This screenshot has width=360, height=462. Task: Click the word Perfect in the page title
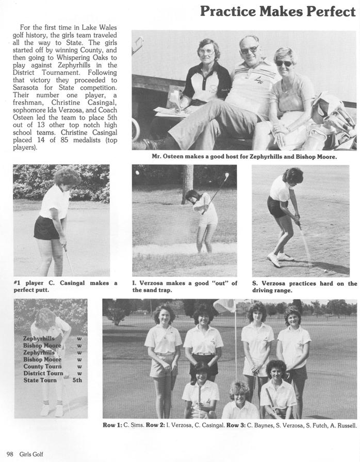point(323,11)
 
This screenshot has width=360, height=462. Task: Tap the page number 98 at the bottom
point(10,454)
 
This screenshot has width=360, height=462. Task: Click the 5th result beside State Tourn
point(77,380)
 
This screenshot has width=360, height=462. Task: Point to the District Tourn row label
point(43,373)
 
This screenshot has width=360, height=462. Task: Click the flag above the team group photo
point(224,306)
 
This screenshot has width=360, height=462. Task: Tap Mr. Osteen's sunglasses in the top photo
point(250,50)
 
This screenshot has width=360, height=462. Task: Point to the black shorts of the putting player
point(46,227)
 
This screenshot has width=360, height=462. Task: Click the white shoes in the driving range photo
point(280,258)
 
